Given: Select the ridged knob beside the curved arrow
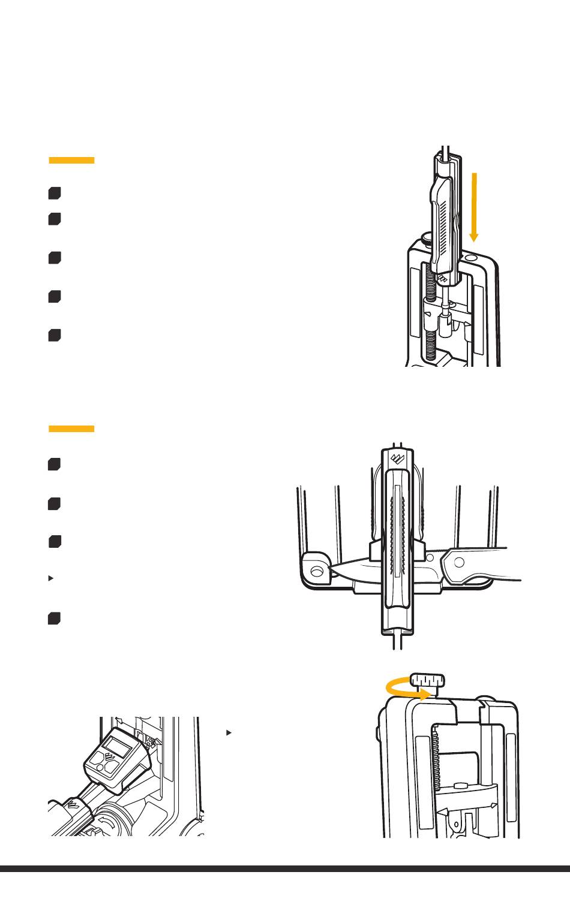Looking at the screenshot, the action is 428,681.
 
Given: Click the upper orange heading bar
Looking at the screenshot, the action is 71,160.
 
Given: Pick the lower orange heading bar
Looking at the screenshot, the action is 71,429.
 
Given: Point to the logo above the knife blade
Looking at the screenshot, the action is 397,460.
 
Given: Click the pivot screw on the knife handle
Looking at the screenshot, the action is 460,562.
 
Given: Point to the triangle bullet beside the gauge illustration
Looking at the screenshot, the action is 229,732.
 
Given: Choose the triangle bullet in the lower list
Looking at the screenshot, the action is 51,578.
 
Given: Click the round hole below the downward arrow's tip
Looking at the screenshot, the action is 471,257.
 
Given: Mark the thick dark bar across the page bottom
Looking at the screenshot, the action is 285,868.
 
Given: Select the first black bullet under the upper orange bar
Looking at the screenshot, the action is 55,193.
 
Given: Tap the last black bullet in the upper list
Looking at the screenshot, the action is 55,335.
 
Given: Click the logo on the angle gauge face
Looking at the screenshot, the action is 111,761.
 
